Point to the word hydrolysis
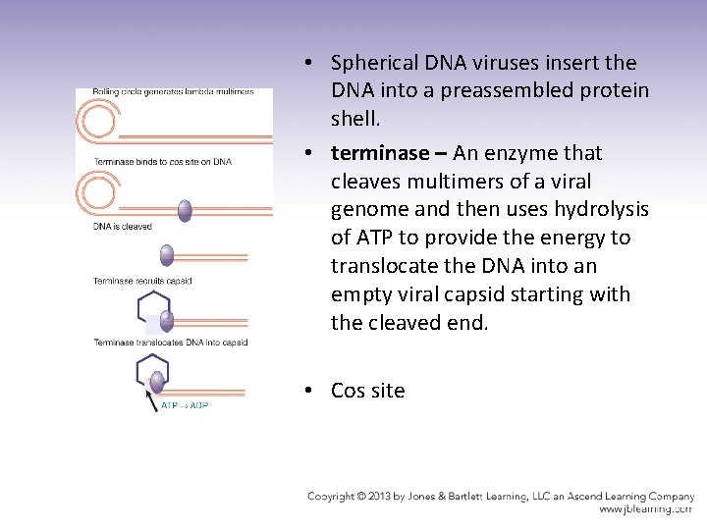click(592, 210)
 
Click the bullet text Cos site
click(367, 391)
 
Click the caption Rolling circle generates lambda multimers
click(174, 92)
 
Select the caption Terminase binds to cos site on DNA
click(163, 161)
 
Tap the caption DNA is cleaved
click(123, 227)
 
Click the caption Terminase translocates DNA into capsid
click(171, 343)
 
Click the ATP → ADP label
click(185, 404)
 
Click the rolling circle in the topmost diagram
click(98, 123)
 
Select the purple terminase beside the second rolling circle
click(185, 209)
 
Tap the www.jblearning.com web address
click(646, 509)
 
